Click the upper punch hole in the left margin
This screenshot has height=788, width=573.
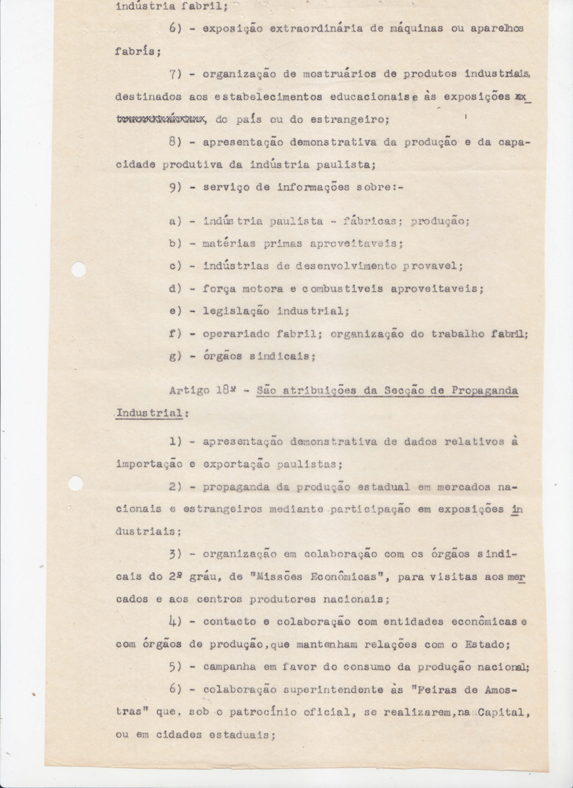(x=78, y=269)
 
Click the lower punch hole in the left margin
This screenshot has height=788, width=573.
(x=75, y=483)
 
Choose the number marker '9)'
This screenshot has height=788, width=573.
(x=175, y=187)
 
